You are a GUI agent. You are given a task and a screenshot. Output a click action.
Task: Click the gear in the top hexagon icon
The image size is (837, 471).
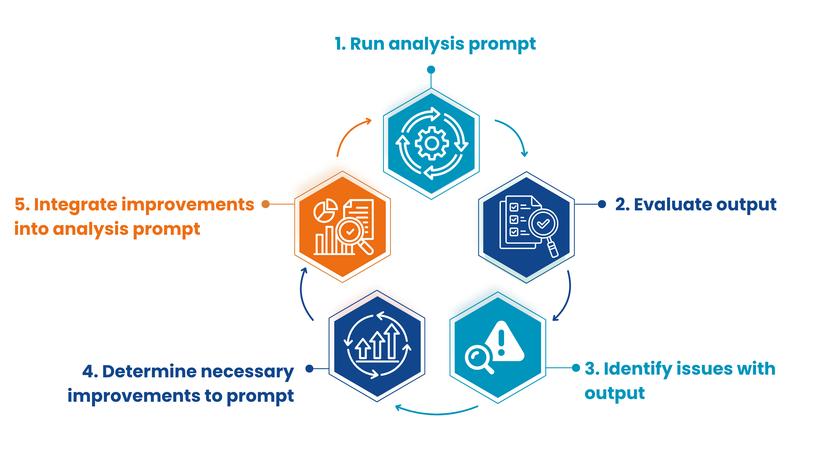point(432,143)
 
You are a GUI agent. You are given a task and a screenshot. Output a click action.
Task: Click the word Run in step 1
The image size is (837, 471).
point(367,44)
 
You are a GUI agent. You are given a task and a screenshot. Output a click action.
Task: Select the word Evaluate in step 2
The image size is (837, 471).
point(672,205)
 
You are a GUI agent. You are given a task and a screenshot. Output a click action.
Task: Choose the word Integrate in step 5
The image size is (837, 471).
point(76,205)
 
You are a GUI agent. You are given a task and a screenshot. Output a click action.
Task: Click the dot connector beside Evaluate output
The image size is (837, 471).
point(602,204)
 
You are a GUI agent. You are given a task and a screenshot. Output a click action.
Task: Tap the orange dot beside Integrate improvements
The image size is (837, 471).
point(266,204)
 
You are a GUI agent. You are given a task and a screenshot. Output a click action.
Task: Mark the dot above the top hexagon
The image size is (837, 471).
point(431,70)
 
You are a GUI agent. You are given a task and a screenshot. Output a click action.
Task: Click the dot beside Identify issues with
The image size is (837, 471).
point(576,368)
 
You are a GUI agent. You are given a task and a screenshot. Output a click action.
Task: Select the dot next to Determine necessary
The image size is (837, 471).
point(309,368)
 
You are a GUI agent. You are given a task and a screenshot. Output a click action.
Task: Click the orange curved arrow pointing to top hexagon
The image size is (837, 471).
point(351,133)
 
